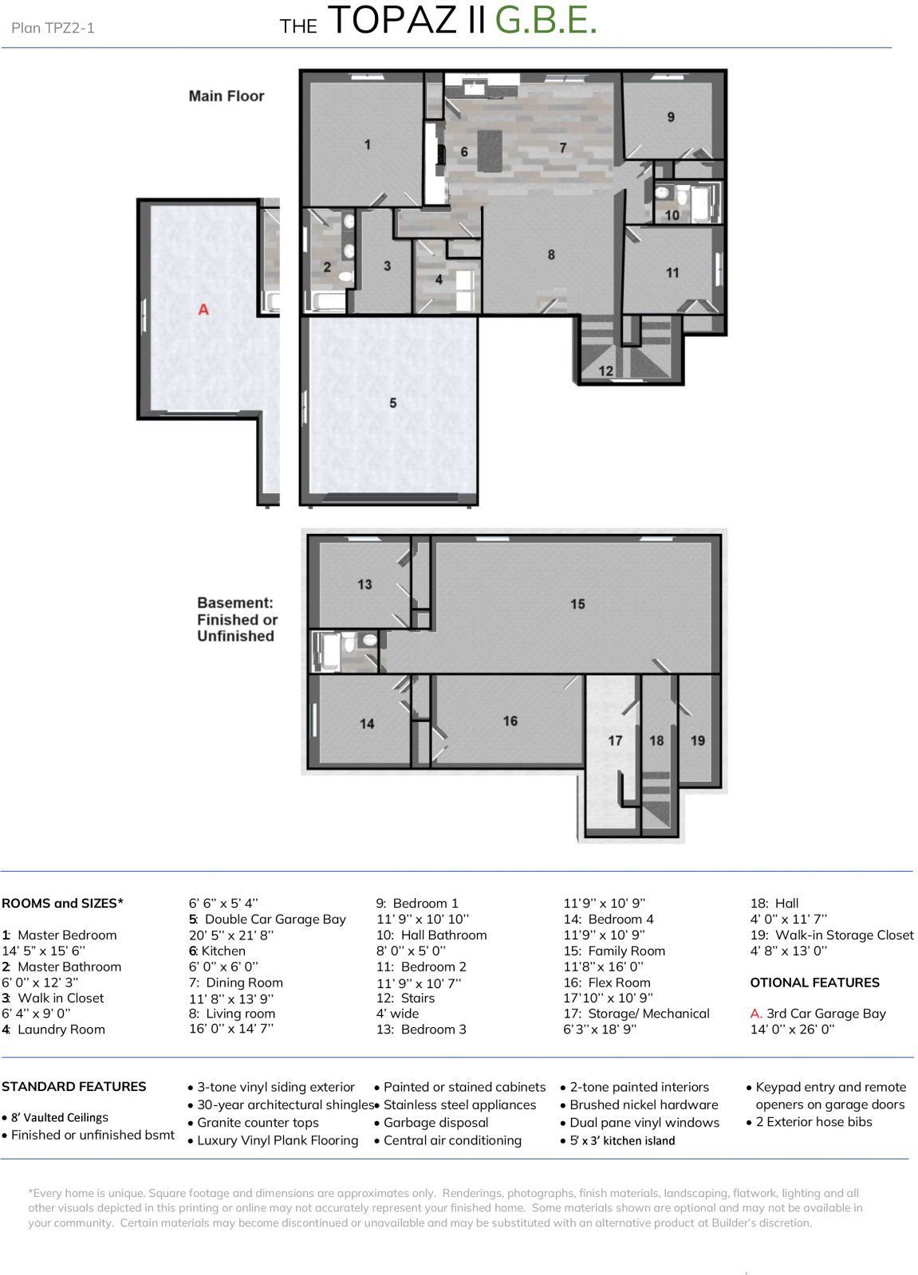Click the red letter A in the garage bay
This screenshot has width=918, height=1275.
(x=203, y=308)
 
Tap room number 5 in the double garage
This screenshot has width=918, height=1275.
(x=392, y=403)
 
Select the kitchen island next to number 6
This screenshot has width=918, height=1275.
(x=491, y=149)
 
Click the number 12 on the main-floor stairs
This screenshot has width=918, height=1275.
(x=605, y=371)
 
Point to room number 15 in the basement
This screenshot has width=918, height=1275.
(x=577, y=604)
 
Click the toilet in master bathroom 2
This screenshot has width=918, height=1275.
(x=345, y=277)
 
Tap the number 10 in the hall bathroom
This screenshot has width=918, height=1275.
(x=672, y=215)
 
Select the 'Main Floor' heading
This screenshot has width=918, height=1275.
(x=226, y=96)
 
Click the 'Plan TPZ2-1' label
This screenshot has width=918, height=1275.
(x=53, y=28)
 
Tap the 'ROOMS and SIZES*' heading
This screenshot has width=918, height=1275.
(x=62, y=903)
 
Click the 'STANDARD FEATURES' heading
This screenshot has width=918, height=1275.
(x=73, y=1086)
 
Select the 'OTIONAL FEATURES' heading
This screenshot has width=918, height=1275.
(x=814, y=983)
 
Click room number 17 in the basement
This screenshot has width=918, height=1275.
(x=615, y=740)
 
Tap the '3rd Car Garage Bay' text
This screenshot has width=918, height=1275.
(x=825, y=1014)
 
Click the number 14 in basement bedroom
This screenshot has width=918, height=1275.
(x=367, y=724)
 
